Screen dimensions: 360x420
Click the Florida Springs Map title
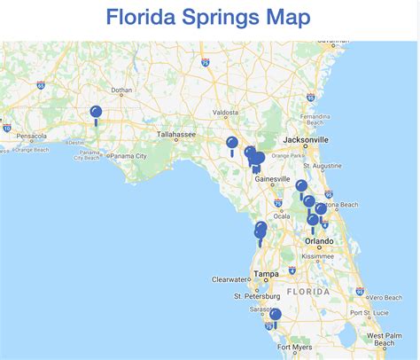point(208,17)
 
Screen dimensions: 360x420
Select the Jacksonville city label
point(305,140)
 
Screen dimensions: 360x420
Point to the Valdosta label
point(226,113)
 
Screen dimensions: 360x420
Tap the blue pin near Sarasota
point(276,315)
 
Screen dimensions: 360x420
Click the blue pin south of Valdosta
point(232,143)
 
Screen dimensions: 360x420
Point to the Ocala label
point(283,215)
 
